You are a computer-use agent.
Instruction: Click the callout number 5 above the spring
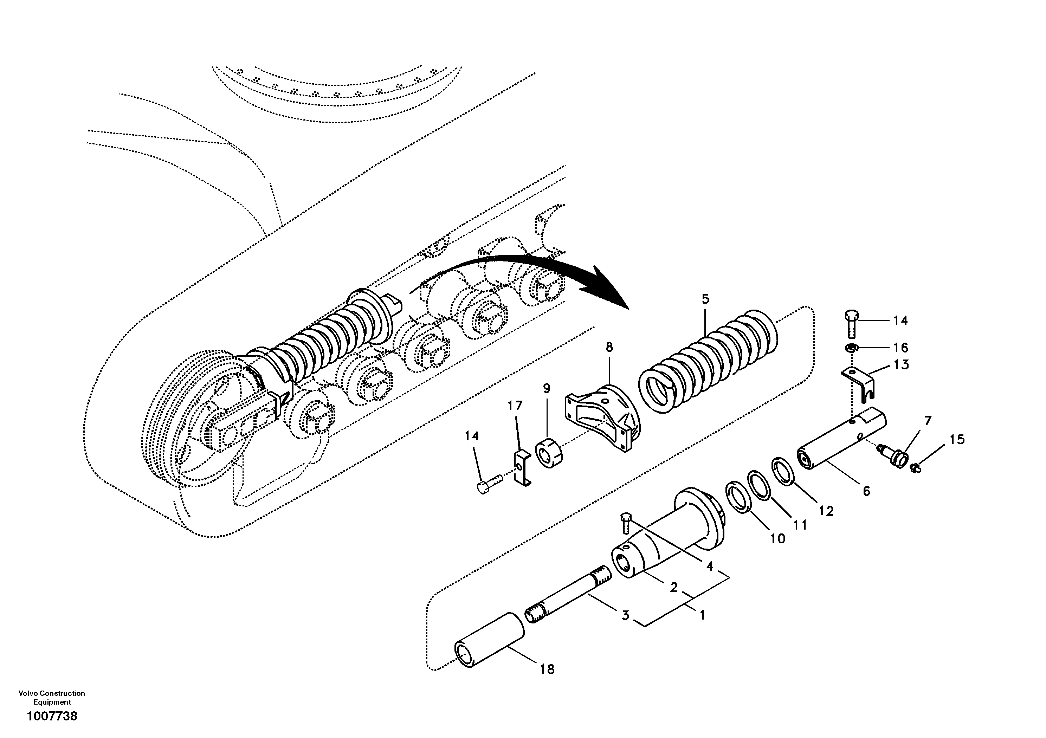(x=705, y=299)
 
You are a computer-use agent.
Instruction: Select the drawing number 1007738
(x=52, y=716)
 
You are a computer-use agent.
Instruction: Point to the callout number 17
(x=515, y=406)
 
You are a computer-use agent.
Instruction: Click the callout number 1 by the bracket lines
(x=702, y=615)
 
